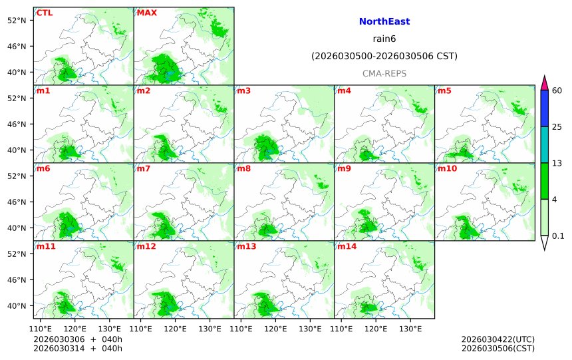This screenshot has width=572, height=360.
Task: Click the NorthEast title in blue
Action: coord(384,22)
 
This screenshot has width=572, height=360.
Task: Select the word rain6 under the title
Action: coord(384,39)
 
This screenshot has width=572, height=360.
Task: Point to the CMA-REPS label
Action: coord(384,73)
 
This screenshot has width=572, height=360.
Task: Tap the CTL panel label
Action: coord(45,13)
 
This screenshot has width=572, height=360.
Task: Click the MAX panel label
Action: coord(146,13)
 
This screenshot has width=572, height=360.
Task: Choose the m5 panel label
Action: coord(444,90)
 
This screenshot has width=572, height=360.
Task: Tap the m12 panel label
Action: coord(146,246)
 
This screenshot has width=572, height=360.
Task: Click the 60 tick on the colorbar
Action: coord(557,90)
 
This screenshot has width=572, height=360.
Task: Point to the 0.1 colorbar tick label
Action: coord(558,236)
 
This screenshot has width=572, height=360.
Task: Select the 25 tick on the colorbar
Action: coord(557,127)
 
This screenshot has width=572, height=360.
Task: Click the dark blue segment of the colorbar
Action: coord(544,108)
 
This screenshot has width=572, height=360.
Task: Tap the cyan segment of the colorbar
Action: coord(544,144)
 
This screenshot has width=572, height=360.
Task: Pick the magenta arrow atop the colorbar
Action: coord(544,83)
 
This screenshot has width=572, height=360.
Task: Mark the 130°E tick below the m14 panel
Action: coord(410,328)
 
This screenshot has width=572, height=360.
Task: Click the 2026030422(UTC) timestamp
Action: coord(498,339)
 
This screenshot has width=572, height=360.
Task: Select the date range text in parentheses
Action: coord(384,57)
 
